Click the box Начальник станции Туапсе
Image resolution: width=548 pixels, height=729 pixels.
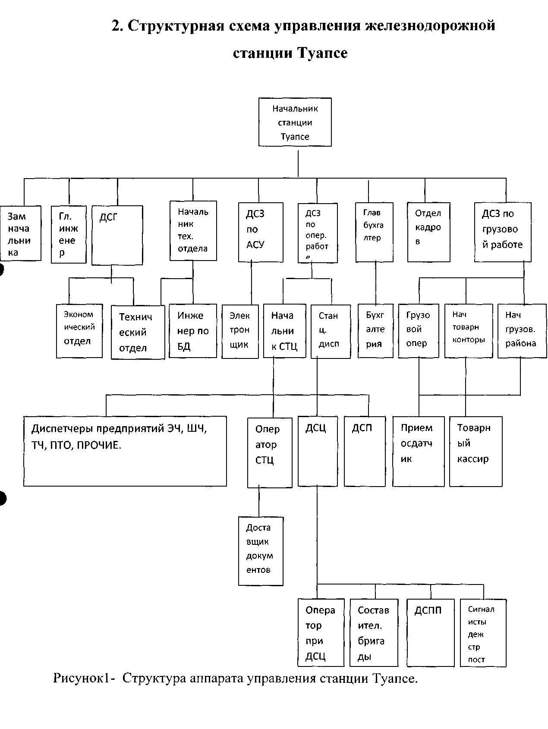295,122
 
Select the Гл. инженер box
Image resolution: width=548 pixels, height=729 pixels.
69,234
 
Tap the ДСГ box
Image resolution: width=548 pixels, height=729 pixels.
117,235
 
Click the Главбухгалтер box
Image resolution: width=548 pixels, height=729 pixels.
374,232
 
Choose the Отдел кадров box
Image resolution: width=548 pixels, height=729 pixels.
428,232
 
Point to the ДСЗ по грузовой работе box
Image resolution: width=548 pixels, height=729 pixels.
502,232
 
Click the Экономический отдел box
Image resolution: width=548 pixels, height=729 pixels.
79,331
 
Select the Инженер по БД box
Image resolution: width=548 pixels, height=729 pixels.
192,331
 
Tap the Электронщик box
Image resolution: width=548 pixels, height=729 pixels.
240,331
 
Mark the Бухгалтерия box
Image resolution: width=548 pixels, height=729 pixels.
375,331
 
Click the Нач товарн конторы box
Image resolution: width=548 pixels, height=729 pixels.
468,331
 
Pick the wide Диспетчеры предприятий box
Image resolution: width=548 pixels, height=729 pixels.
125,451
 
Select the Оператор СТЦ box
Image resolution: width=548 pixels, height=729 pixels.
270,452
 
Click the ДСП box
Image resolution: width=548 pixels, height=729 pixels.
364,451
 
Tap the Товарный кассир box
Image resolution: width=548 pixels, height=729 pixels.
476,451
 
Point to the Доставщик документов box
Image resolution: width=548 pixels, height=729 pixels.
261,551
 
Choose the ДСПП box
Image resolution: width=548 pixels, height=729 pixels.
430,632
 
